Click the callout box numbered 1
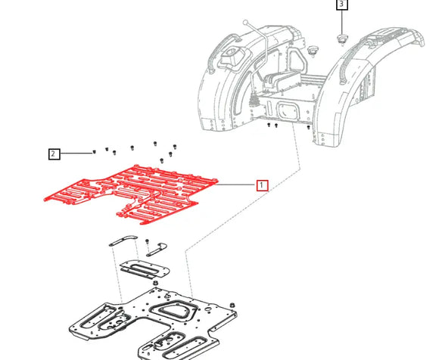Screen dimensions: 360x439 (x=262, y=185)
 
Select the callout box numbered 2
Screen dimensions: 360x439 (x=53, y=154)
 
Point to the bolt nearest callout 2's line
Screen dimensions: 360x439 (x=93, y=152)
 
